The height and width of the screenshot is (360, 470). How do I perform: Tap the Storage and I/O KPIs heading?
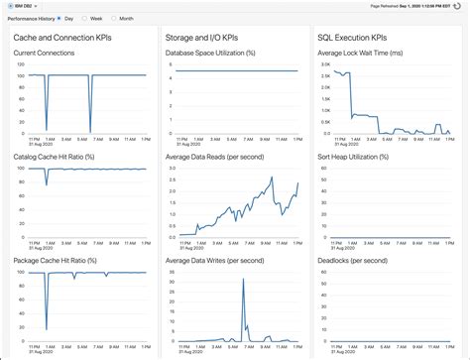[x=208, y=38]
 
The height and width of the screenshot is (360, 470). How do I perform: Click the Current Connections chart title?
[x=45, y=55]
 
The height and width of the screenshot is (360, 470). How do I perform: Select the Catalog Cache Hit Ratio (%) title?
[x=55, y=156]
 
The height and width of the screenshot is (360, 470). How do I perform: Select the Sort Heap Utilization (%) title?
[x=358, y=156]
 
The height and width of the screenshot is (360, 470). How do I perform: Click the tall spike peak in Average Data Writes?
[x=243, y=281]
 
